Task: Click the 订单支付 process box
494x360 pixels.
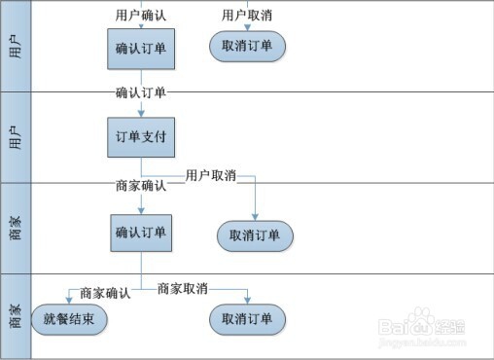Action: (141, 137)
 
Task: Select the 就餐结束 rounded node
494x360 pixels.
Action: (69, 319)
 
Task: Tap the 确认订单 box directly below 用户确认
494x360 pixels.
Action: (141, 48)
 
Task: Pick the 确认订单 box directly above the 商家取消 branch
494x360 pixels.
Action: (141, 233)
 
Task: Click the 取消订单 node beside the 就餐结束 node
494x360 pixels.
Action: (247, 319)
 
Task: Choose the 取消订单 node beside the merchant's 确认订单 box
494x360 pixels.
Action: (254, 235)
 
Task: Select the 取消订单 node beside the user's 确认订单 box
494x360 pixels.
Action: (247, 45)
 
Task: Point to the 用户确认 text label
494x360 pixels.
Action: (140, 16)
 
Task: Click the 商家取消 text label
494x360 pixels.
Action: (183, 289)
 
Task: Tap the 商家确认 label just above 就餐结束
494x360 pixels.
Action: (105, 293)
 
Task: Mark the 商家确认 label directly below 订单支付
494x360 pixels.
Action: (141, 186)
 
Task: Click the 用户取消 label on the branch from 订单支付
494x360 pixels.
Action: (211, 176)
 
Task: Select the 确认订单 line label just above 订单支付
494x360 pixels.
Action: (141, 93)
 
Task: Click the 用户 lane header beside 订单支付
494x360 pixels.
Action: (16, 137)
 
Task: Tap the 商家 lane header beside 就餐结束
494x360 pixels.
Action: (16, 316)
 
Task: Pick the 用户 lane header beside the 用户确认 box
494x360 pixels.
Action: (16, 46)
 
